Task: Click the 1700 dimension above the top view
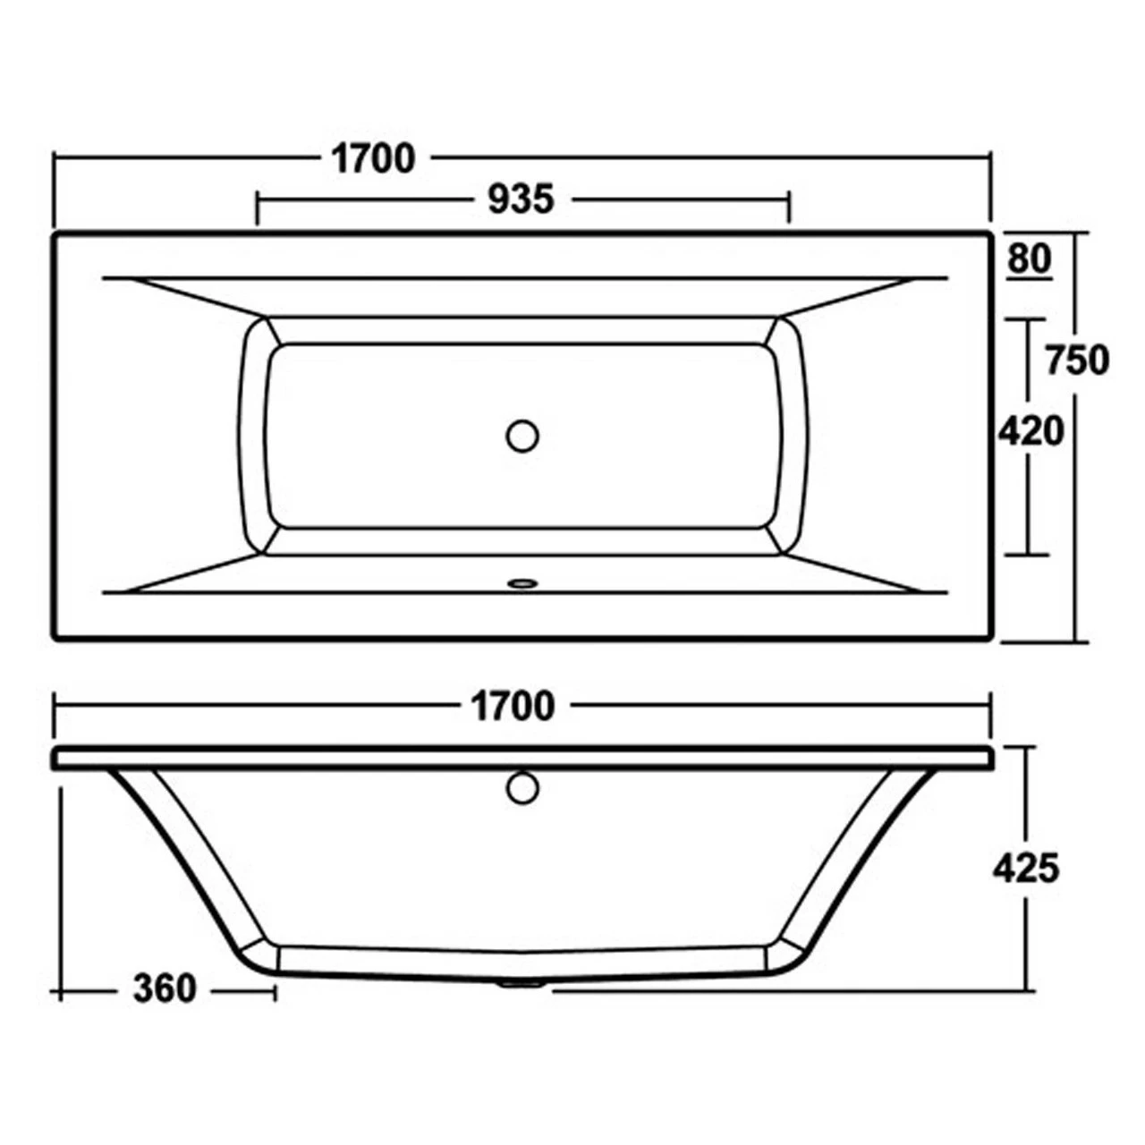[x=373, y=159]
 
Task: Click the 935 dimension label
[x=521, y=199]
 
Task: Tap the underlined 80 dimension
[x=1029, y=259]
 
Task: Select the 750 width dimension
[x=1077, y=360]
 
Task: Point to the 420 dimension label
[x=1030, y=432]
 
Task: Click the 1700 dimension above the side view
[x=512, y=707]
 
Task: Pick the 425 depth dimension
[x=1026, y=868]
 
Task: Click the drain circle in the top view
[x=522, y=436]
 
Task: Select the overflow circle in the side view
[x=522, y=788]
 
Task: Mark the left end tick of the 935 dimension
[x=258, y=207]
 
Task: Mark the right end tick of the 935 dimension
[x=788, y=207]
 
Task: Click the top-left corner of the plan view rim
[x=57, y=235]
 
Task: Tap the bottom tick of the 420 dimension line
[x=1029, y=554]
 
